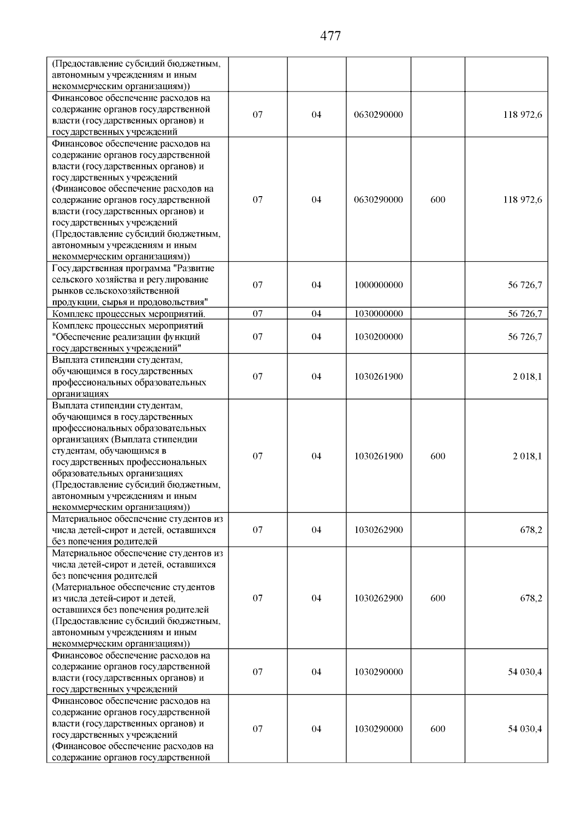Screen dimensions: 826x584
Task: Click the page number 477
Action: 331,36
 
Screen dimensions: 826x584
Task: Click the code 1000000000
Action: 379,285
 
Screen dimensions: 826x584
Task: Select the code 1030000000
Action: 379,314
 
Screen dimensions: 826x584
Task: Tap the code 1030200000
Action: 379,337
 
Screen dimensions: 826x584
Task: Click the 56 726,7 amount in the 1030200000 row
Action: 525,337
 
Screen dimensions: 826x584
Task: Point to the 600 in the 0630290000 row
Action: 438,200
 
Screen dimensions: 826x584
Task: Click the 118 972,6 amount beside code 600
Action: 522,200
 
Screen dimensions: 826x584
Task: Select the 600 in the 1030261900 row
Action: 438,457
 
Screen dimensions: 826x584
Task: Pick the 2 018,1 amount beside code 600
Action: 527,457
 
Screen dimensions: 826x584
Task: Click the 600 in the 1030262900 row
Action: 438,599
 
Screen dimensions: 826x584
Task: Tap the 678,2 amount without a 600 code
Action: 531,530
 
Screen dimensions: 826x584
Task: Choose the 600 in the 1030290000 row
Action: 438,729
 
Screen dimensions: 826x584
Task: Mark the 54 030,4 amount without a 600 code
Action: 525,672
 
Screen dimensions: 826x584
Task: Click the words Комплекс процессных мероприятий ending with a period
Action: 128,314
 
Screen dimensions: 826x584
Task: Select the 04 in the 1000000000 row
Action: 316,285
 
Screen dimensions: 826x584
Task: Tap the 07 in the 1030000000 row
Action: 257,314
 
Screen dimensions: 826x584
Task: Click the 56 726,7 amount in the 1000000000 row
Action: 525,285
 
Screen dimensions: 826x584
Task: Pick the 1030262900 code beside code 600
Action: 379,599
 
